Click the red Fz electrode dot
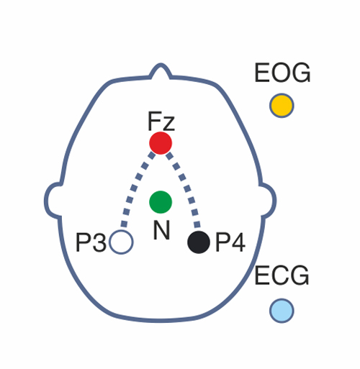(161, 143)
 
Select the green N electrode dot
(161, 202)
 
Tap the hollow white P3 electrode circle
(121, 242)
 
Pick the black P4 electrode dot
(199, 242)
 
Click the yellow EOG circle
(282, 106)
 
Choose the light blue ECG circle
(282, 311)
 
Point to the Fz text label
(161, 121)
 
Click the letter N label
(161, 229)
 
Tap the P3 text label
(91, 242)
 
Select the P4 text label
(230, 242)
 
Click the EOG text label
(282, 73)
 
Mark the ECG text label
(282, 275)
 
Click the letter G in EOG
(301, 73)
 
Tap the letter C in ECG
(282, 275)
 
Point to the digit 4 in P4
(238, 242)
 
